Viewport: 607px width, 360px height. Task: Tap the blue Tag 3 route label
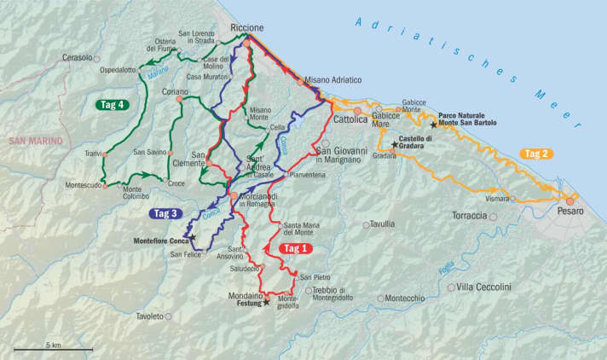tap(166, 213)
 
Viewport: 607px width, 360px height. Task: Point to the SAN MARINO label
tap(31, 140)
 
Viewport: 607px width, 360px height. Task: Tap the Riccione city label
tap(247, 28)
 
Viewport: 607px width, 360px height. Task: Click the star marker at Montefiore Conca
tap(193, 237)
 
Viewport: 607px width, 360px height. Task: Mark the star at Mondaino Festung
tap(266, 302)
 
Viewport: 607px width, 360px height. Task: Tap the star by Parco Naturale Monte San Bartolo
tap(433, 125)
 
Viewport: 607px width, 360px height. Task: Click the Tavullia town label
tap(384, 225)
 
